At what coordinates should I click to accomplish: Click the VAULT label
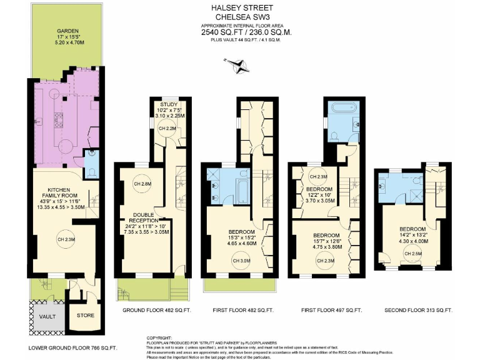pos(47,316)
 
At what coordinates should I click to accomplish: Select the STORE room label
pos(85,316)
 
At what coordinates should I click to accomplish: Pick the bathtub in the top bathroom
pos(342,110)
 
